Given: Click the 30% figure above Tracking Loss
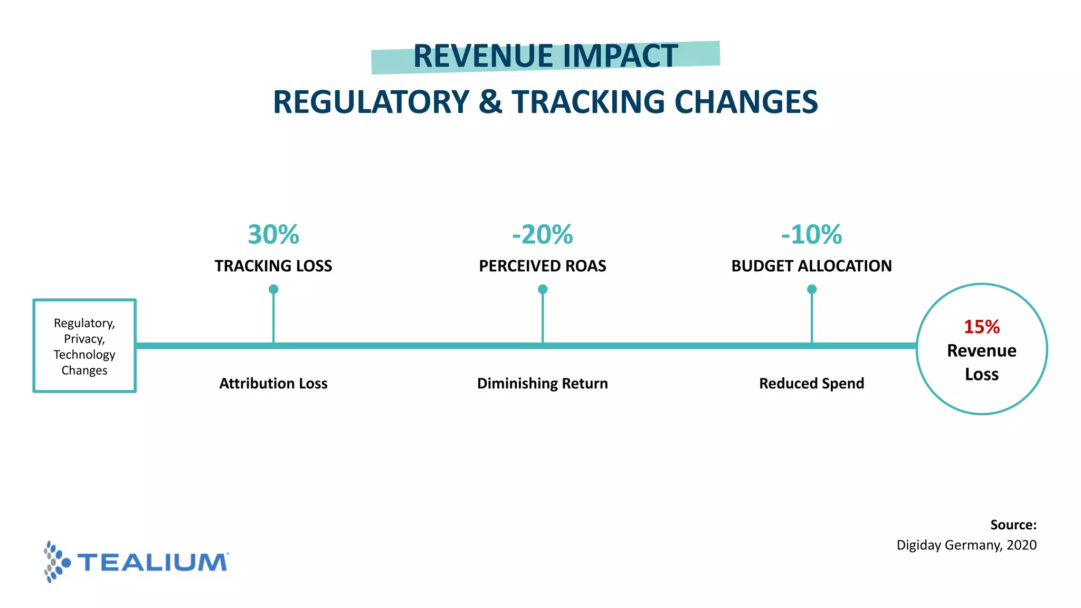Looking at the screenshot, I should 273,235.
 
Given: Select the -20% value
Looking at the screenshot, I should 542,235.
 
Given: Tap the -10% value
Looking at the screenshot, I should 811,235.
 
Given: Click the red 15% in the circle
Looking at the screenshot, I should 981,327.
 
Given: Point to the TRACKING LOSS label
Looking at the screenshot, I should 273,266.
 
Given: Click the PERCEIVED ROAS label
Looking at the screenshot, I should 542,266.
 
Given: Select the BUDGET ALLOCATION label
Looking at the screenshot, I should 811,266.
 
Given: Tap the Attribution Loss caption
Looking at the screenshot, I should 273,384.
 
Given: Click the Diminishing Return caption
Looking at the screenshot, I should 542,384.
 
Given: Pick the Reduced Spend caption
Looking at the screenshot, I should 811,384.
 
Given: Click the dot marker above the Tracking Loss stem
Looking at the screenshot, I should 273,289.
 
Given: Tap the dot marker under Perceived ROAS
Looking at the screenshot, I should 543,289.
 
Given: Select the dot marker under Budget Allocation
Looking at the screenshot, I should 812,289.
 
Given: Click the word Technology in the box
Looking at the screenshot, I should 84,355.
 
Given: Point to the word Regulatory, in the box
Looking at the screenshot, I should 84,323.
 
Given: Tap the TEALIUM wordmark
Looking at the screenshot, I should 153,563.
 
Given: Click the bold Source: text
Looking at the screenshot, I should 1013,525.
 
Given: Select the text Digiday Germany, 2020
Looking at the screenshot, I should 966,545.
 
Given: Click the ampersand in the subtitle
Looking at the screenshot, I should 490,102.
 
